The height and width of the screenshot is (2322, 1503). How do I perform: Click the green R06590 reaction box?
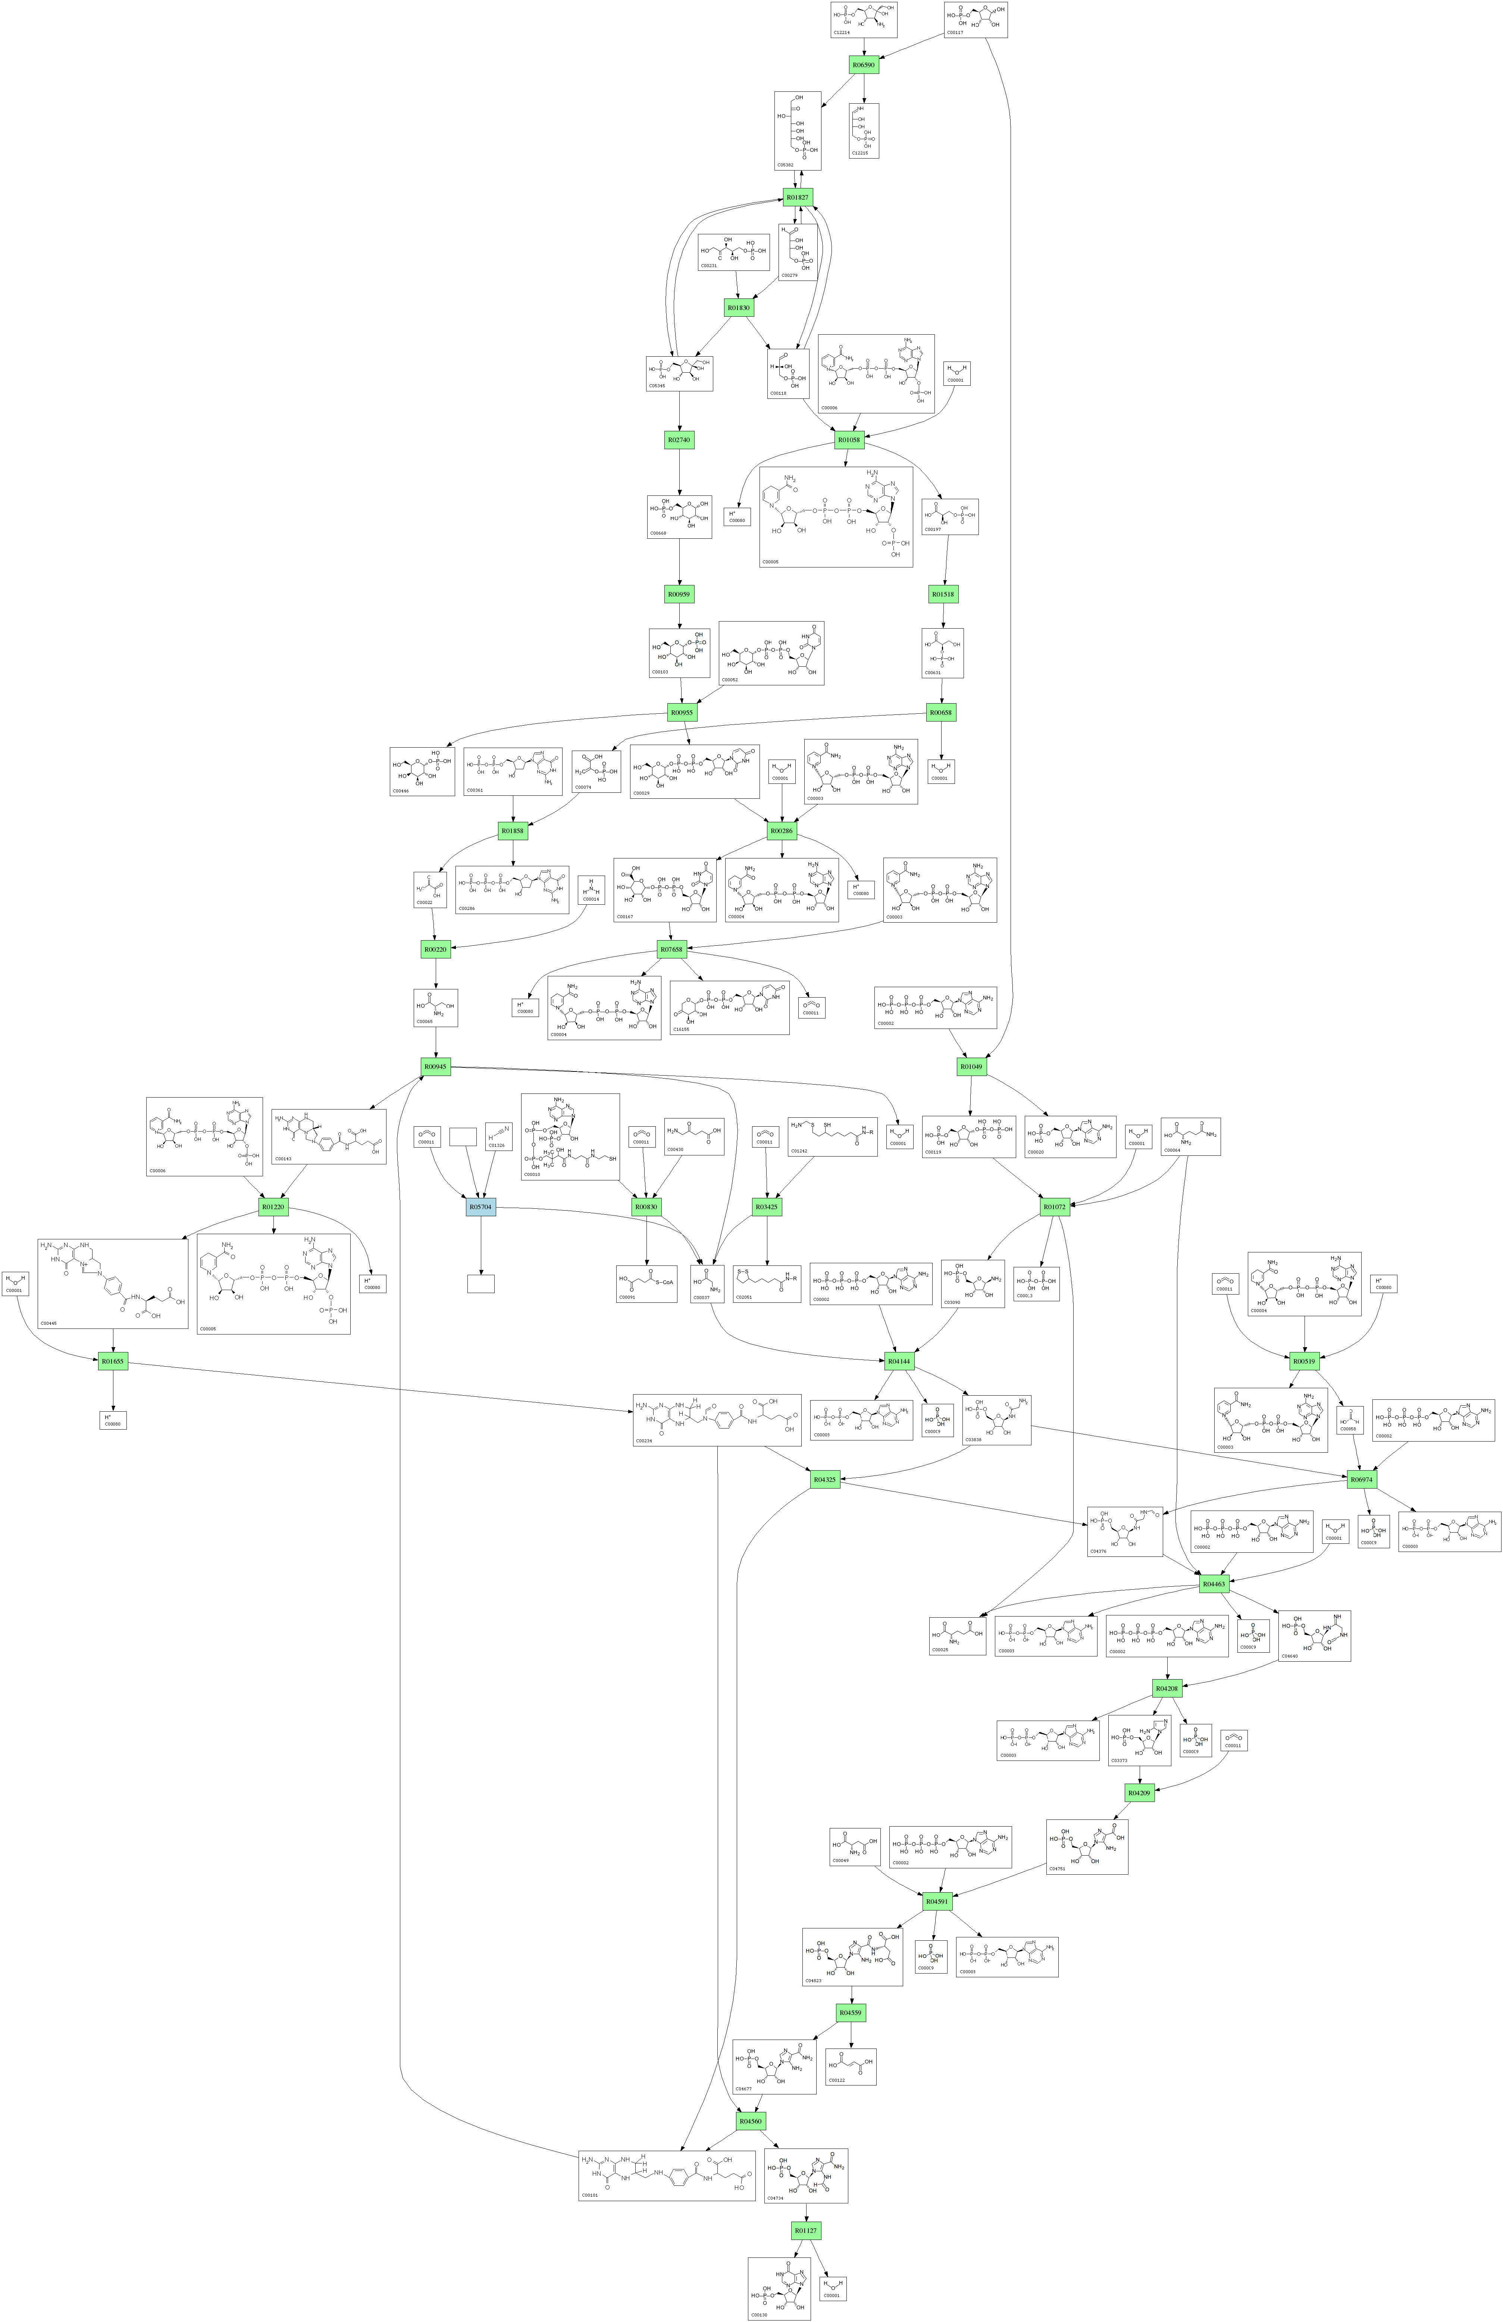864,65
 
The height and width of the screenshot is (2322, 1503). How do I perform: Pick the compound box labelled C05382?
798,131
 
